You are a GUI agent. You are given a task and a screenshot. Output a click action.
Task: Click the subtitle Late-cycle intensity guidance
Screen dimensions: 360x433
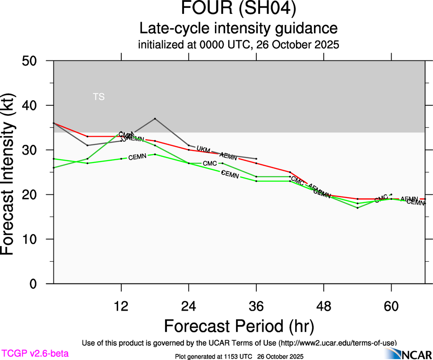(x=238, y=28)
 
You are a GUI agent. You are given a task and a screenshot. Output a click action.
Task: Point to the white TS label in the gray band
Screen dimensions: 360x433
(x=99, y=97)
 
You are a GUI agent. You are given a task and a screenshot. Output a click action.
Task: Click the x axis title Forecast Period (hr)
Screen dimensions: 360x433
(x=238, y=326)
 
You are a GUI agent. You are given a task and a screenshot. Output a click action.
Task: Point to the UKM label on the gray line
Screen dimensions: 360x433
(x=203, y=150)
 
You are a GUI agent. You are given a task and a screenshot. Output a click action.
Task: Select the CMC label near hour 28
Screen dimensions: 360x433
(x=210, y=163)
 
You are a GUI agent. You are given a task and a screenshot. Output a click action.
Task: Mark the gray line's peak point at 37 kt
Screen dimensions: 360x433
(x=155, y=119)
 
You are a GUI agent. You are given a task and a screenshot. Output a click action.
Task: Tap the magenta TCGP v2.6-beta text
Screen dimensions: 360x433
(x=35, y=354)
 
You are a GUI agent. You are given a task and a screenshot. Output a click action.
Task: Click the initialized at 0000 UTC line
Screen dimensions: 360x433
(x=238, y=45)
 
